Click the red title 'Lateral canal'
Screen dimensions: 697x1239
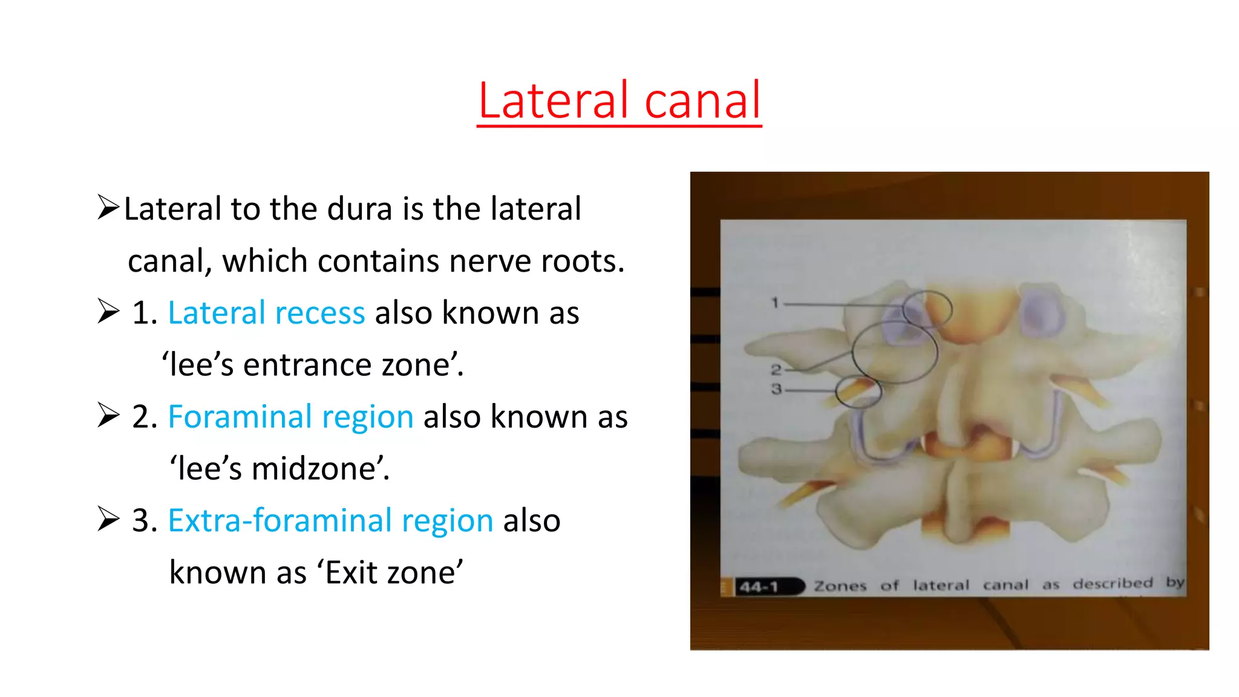(x=619, y=100)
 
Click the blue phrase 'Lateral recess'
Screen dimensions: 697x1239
(x=266, y=313)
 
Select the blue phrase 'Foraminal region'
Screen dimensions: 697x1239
(x=290, y=417)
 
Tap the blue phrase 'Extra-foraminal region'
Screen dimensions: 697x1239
(x=330, y=521)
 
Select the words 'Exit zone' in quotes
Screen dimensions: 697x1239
(x=390, y=573)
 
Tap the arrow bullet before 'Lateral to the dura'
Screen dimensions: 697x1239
(x=108, y=208)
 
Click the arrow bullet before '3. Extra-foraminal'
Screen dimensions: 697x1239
(x=108, y=520)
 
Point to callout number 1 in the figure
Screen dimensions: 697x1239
(x=775, y=303)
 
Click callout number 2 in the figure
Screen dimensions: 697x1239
(x=776, y=369)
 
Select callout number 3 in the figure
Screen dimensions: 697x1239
(x=776, y=389)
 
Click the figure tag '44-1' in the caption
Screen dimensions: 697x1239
(x=759, y=586)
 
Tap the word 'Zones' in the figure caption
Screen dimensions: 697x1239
(x=840, y=586)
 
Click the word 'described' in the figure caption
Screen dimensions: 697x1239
(x=1113, y=583)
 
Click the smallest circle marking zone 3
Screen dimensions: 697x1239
(x=858, y=391)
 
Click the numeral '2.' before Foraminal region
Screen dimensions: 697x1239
(x=145, y=417)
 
